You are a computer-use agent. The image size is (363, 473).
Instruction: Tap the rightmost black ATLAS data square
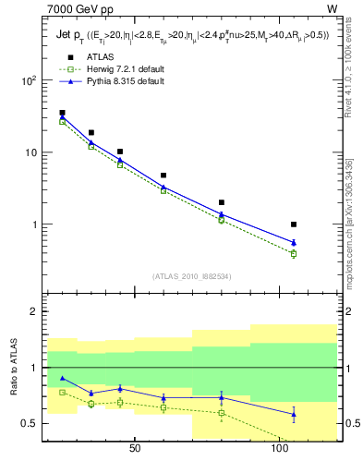pos(294,224)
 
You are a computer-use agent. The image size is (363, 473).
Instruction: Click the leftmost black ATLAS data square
pos(62,113)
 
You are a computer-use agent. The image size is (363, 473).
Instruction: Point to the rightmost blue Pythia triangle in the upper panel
pos(294,243)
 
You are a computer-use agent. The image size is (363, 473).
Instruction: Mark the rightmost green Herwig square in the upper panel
pos(294,253)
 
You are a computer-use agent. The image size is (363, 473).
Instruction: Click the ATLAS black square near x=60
pos(163,175)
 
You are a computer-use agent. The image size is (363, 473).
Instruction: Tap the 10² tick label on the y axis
pos(29,80)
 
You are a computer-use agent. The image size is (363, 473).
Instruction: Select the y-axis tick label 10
pos(32,152)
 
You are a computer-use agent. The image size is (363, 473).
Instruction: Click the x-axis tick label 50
pos(134,448)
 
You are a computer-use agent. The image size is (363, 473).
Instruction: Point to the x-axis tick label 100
pos(280,448)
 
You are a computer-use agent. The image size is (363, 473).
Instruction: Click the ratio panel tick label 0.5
pos(30,424)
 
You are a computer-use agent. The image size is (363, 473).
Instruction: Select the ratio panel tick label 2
pos(35,312)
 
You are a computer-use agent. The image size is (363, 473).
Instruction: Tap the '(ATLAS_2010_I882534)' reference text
pos(191,275)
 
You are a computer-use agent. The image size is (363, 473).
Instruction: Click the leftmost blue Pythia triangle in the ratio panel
pos(62,378)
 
